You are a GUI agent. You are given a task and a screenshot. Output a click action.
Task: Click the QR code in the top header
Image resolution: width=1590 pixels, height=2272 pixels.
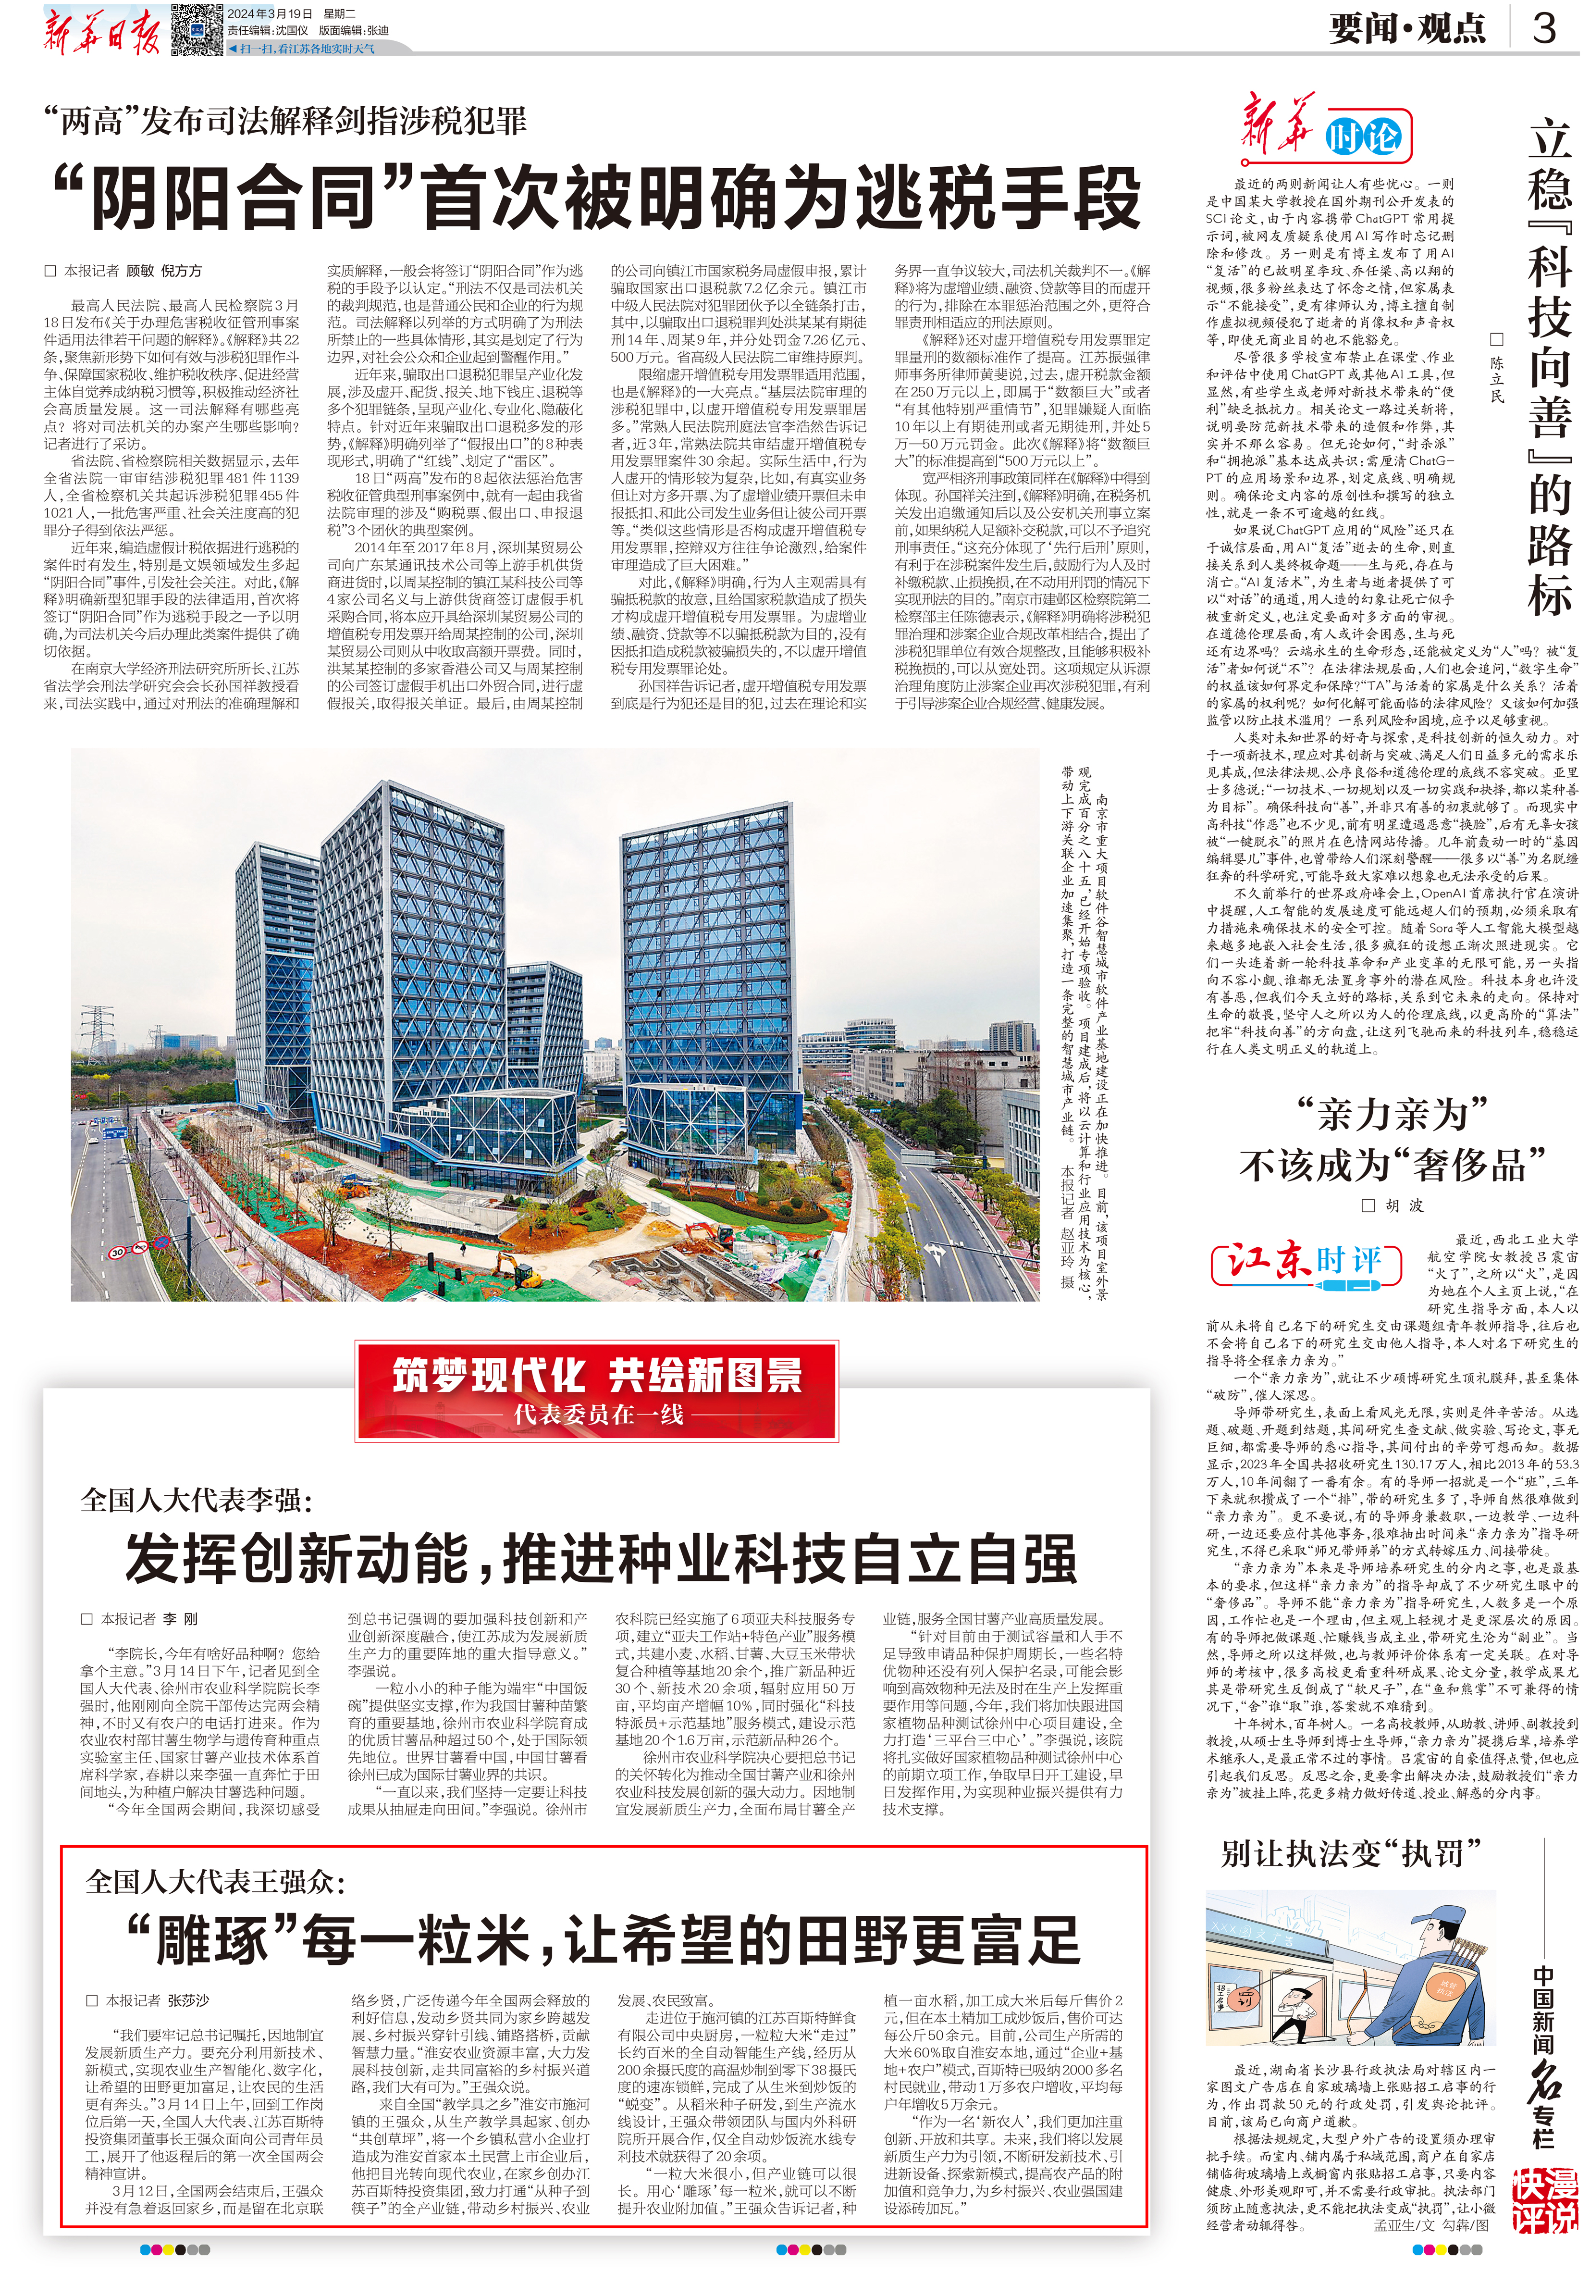pos(195,29)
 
